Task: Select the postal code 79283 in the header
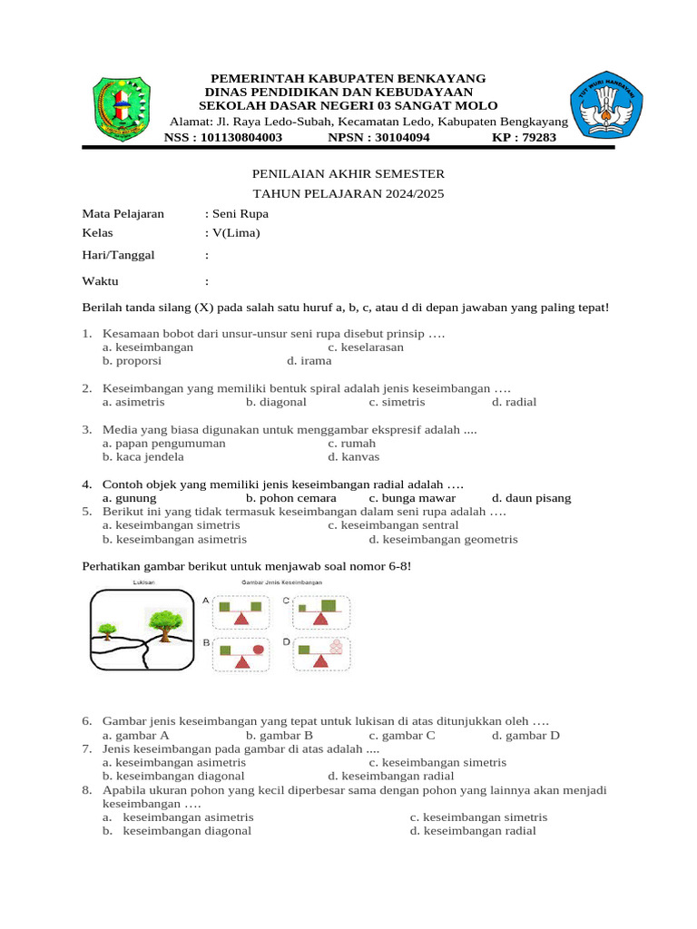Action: tap(536, 138)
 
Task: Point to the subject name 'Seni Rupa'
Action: tap(240, 214)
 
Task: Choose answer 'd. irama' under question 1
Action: tap(309, 360)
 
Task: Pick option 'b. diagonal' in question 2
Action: tap(276, 401)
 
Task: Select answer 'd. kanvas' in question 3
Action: tap(354, 456)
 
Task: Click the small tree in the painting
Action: tap(108, 629)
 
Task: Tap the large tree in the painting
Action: tap(162, 621)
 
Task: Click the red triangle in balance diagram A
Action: tap(241, 618)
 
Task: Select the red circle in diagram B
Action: tap(258, 650)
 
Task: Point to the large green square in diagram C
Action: tap(329, 605)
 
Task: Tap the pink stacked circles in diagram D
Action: tap(337, 648)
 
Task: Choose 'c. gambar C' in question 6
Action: tap(402, 735)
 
